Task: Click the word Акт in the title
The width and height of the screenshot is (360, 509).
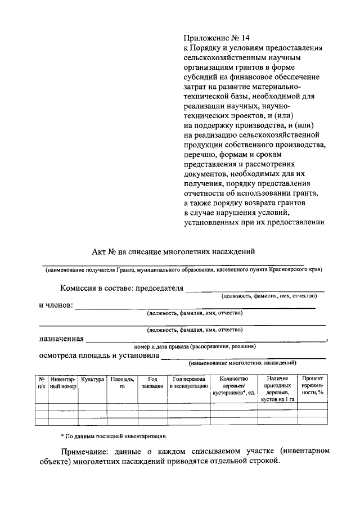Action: point(100,251)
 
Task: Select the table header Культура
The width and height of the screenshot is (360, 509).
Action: point(92,380)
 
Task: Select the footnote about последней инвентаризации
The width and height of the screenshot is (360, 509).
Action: point(114,436)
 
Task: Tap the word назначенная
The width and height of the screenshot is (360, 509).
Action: point(61,339)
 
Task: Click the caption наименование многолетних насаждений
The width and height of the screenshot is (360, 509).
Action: point(242,363)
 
